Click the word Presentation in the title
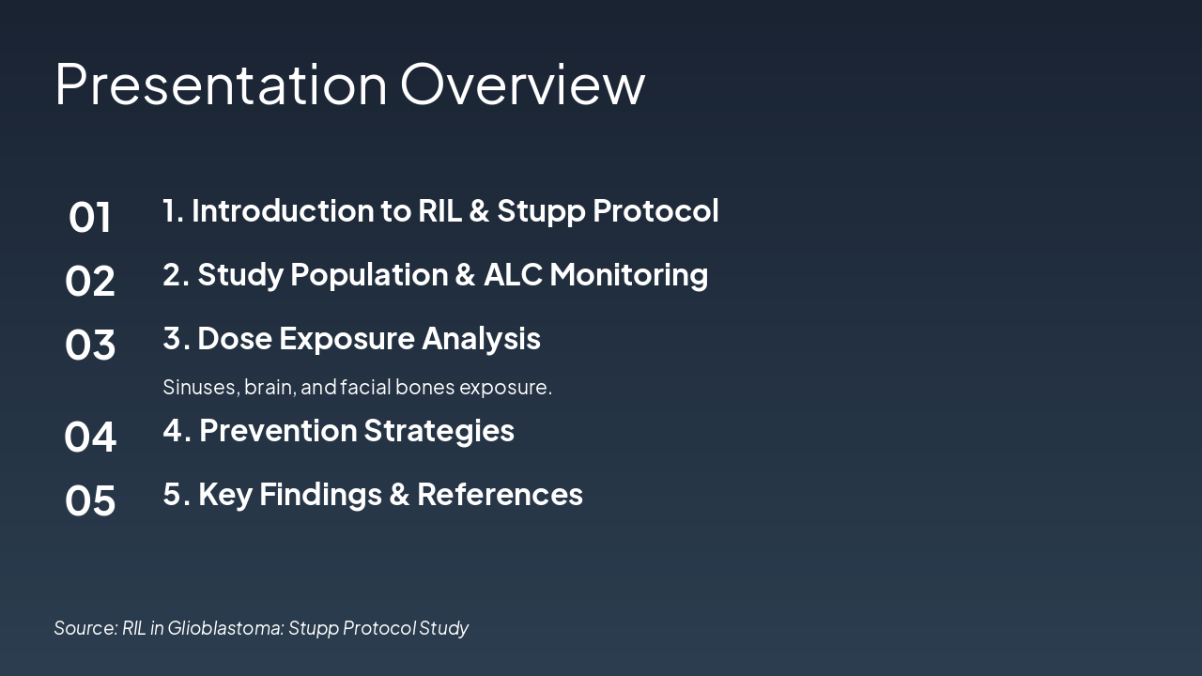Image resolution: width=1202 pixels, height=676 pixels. coord(221,84)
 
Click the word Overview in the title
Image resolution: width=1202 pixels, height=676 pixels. coord(523,84)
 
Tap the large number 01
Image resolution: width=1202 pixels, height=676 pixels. coord(89,217)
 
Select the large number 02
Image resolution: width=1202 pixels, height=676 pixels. coord(89,281)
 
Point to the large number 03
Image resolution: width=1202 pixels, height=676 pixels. coord(89,345)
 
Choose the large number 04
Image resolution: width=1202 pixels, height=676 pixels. coord(89,437)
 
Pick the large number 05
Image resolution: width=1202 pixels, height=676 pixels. coord(89,500)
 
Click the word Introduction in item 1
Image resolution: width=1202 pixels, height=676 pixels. coord(283,210)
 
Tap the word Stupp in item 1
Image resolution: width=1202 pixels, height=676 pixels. coord(541,211)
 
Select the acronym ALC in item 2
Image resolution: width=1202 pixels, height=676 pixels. coord(513,275)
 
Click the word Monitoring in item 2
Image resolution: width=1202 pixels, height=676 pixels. coord(628,276)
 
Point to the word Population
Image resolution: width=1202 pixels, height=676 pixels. coord(369,276)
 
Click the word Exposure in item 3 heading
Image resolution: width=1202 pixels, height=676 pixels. coord(347,340)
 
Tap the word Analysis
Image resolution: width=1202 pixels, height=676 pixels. coord(481,340)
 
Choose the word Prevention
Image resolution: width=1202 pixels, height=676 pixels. coord(278,430)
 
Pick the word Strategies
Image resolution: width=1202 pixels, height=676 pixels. coord(439,432)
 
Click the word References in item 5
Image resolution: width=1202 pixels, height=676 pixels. coord(500,494)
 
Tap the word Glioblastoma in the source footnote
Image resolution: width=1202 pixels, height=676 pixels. coord(226,628)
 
